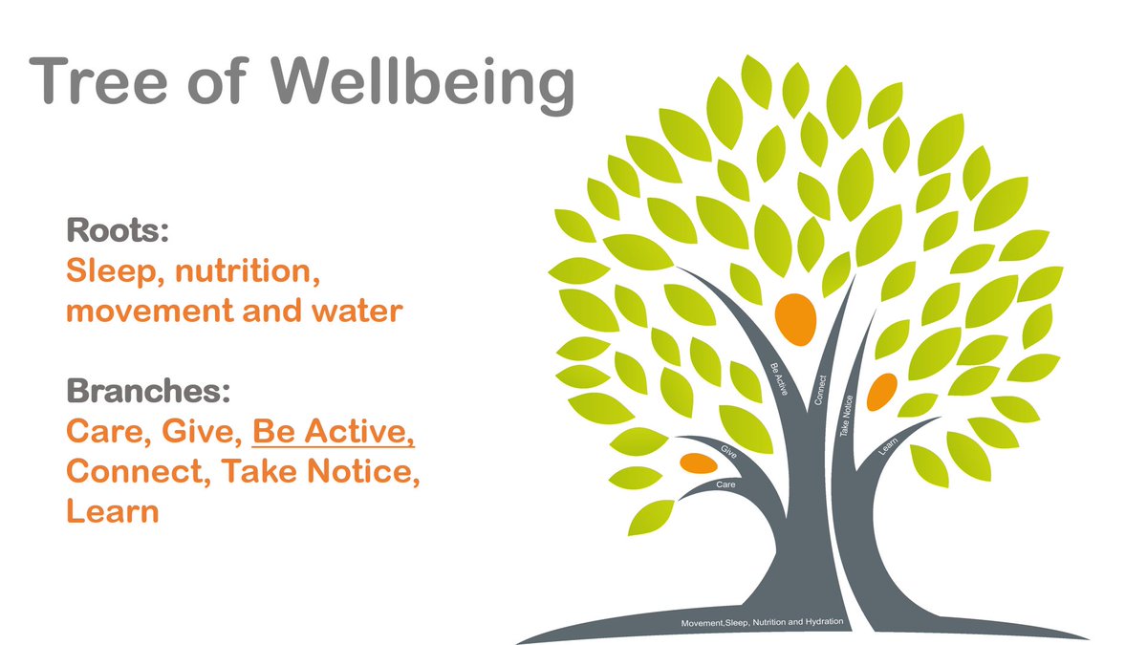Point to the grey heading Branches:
tap(148, 392)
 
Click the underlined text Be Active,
tap(334, 432)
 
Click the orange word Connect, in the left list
tap(138, 471)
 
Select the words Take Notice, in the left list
tap(320, 471)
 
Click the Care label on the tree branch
tap(725, 486)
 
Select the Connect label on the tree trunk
tap(820, 389)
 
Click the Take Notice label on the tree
tap(847, 417)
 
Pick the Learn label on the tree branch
tap(886, 444)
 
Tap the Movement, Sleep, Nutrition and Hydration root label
tap(762, 623)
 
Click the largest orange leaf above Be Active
tap(795, 317)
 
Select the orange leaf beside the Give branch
tap(699, 463)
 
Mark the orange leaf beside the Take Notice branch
tap(881, 389)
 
